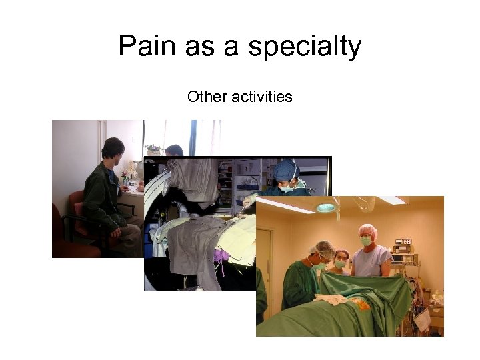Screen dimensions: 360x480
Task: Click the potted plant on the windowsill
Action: (x=153, y=148)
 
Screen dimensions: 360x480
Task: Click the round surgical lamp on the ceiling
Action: (x=325, y=207)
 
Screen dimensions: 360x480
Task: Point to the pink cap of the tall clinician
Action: (x=367, y=230)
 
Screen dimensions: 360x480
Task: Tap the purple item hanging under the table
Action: (x=220, y=256)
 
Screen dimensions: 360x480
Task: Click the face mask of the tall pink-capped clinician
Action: (x=365, y=241)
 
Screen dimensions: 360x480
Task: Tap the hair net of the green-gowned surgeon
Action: (x=324, y=249)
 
